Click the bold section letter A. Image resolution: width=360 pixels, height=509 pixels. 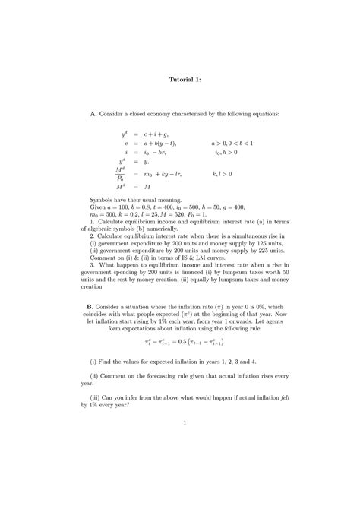click(93, 113)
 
